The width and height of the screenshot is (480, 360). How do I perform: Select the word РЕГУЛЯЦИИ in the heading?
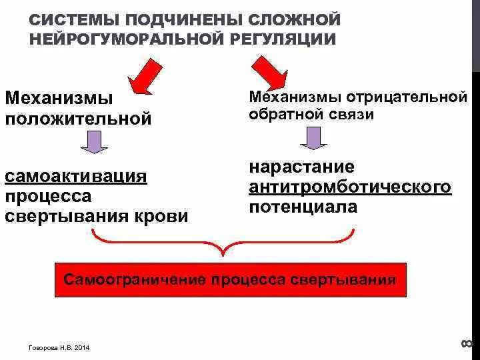coord(287,38)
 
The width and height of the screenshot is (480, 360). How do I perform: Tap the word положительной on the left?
coord(79,120)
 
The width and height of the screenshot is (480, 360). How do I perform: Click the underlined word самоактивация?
coord(76,177)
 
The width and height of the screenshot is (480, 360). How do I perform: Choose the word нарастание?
coord(302,166)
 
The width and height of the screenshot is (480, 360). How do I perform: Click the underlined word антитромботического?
coord(351,187)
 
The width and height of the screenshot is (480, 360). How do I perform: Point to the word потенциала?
coord(303,207)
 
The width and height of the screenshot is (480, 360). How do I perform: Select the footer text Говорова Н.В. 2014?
coord(60,347)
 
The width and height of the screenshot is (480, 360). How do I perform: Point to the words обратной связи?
coord(311,115)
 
